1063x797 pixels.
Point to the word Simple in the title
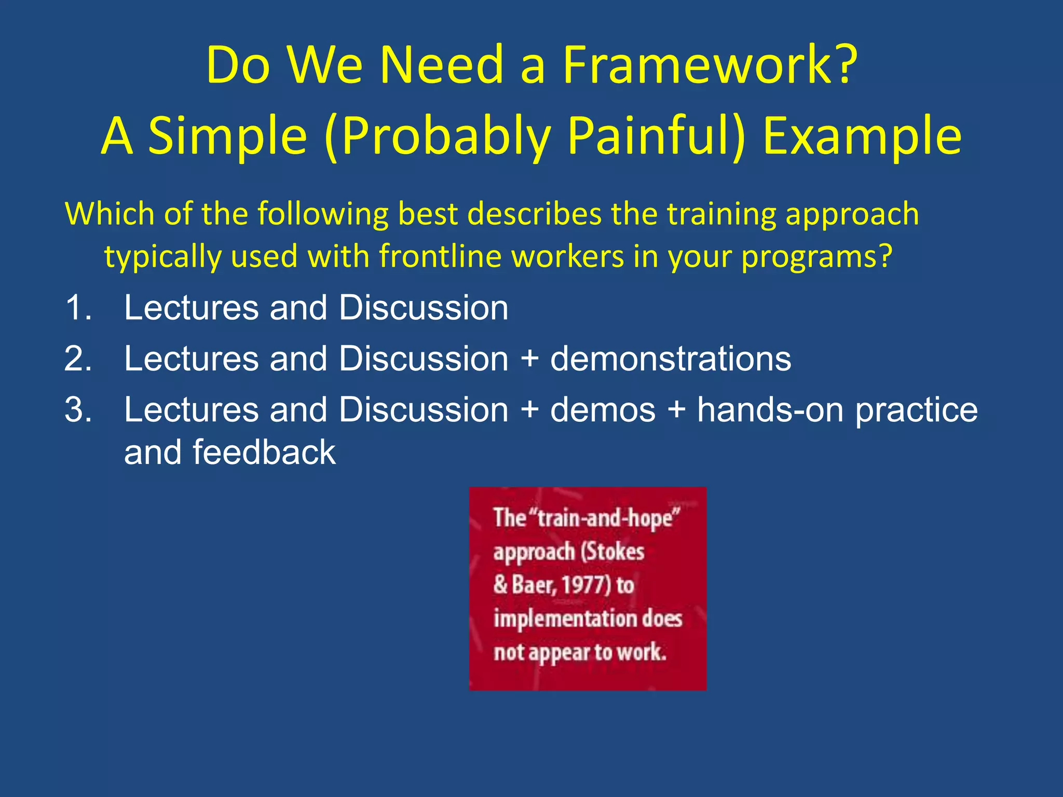[228, 136]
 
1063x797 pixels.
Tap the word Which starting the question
[110, 214]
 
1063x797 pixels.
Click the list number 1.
[78, 308]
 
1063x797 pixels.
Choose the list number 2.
[78, 359]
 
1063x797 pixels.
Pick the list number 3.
[78, 410]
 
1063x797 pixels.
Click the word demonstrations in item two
[670, 359]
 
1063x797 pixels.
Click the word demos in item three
[603, 410]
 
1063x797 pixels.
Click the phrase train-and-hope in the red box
[607, 518]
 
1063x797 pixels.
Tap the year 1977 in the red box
[584, 585]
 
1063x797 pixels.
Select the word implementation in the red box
[566, 619]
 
